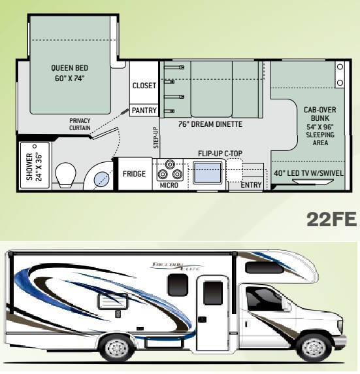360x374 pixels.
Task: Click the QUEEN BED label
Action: pyautogui.click(x=69, y=73)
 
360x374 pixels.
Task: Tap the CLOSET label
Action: pyautogui.click(x=144, y=86)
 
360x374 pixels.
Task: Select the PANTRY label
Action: pyautogui.click(x=144, y=110)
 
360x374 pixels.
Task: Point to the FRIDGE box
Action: pyautogui.click(x=134, y=174)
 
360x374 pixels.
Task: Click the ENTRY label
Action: pyautogui.click(x=252, y=185)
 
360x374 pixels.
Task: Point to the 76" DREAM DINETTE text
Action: pyautogui.click(x=210, y=124)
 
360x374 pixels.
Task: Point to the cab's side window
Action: pyautogui.click(x=264, y=299)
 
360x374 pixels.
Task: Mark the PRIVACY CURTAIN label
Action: pyautogui.click(x=80, y=124)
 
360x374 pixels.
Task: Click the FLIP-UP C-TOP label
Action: pyautogui.click(x=220, y=154)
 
